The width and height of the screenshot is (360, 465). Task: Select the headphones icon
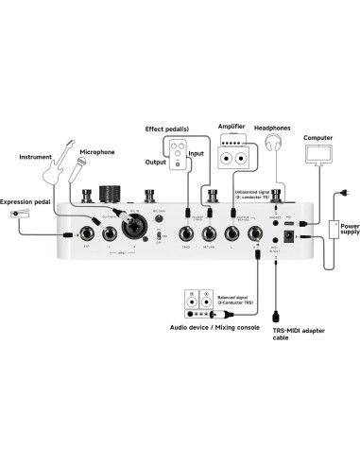pyautogui.click(x=275, y=145)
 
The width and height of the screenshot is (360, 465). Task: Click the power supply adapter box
pyautogui.click(x=338, y=229)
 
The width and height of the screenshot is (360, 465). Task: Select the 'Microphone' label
pyautogui.click(x=97, y=151)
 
